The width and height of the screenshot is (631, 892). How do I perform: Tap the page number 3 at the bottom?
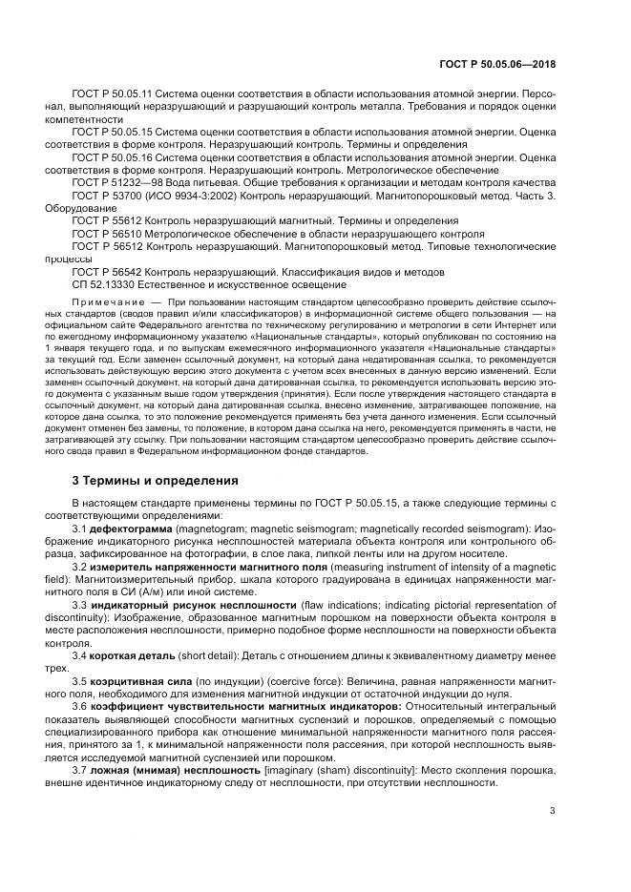553,812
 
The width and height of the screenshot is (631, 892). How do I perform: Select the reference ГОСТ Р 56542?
104,271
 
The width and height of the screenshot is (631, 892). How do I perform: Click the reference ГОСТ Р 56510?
104,233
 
